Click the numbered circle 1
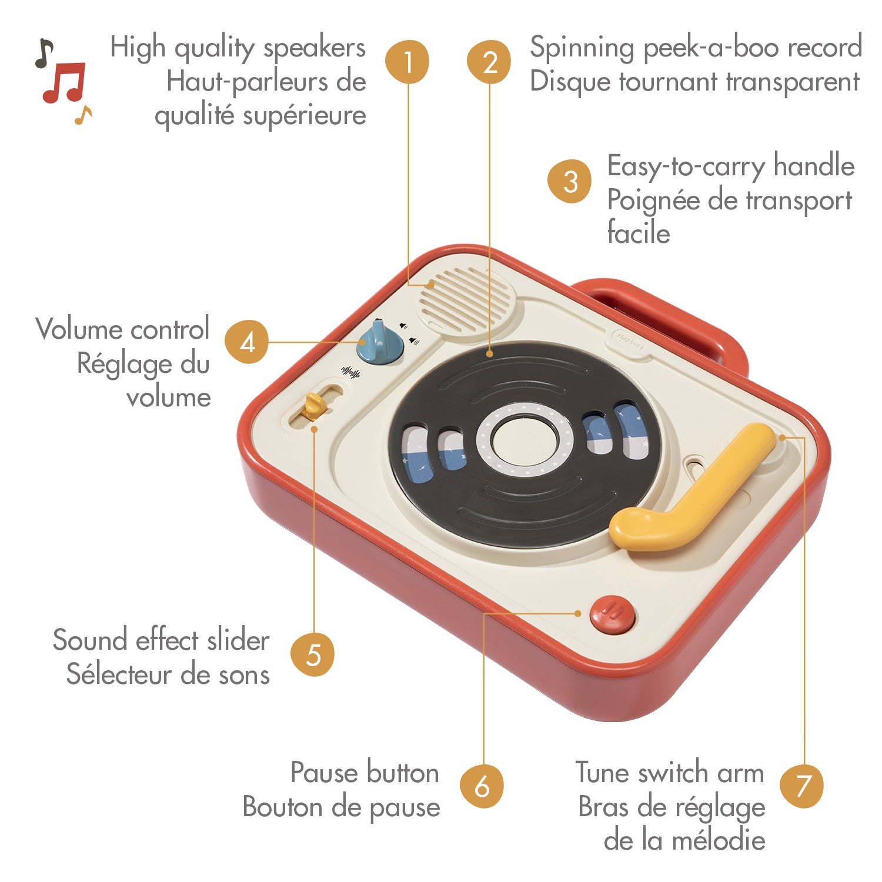407,62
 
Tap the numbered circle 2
489,62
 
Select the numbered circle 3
569,182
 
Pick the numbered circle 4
247,342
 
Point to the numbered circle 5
313,654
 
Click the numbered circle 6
482,786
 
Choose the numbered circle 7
802,786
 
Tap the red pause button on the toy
613,615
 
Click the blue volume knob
380,342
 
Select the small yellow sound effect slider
315,406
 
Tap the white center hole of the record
524,442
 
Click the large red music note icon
64,82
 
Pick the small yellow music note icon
83,115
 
